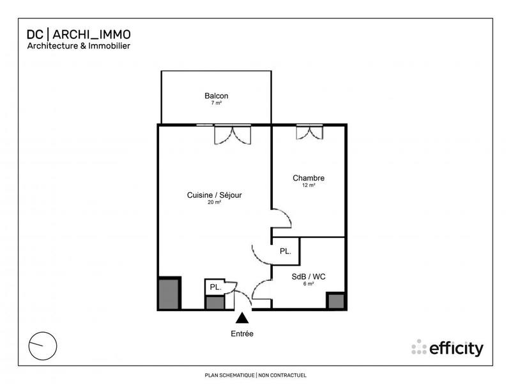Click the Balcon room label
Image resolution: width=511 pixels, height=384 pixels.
point(216,96)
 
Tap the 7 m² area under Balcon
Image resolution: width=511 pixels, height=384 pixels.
point(216,103)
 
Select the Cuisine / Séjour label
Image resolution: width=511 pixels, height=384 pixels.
point(214,195)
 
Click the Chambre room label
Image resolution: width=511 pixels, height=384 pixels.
point(309,178)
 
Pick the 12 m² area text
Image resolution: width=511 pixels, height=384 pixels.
point(309,185)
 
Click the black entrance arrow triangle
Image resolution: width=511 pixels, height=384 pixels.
point(242,318)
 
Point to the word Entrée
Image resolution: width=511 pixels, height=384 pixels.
point(242,333)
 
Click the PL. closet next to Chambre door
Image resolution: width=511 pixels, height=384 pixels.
point(286,252)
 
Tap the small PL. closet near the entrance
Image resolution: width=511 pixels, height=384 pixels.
point(215,287)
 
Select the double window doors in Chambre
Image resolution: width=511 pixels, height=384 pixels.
point(310,133)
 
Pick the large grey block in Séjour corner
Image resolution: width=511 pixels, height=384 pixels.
point(169,293)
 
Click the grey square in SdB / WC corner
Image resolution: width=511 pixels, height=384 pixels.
point(335,301)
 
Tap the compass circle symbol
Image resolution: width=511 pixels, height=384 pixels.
point(43,346)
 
